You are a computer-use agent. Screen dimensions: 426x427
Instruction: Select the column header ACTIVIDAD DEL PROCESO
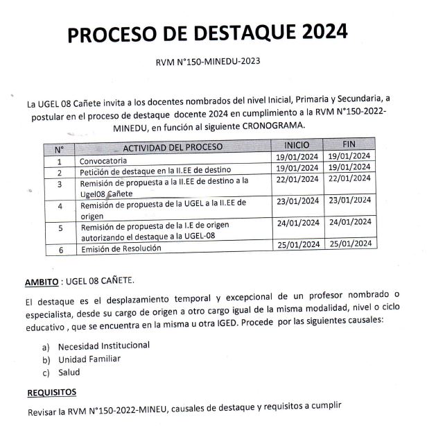pyautogui.click(x=173, y=148)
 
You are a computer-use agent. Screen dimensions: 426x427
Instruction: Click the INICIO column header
pyautogui.click(x=297, y=146)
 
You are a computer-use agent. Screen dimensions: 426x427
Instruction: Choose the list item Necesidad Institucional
pyautogui.click(x=103, y=345)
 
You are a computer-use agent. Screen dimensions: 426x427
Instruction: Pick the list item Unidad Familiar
pyautogui.click(x=89, y=359)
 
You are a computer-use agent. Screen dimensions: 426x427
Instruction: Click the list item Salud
pyautogui.click(x=69, y=373)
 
